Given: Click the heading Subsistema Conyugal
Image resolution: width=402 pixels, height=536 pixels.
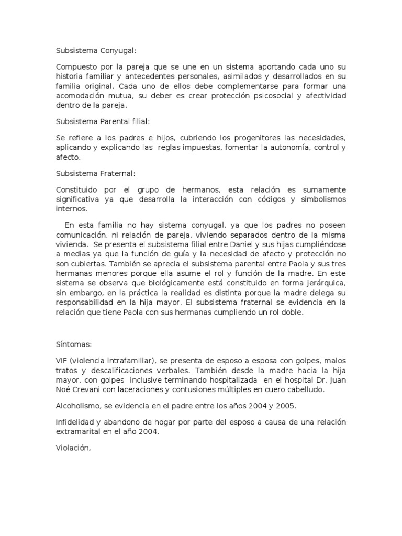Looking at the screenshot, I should [96, 51].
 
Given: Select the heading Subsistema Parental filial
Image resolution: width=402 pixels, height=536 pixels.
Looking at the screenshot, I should [103, 121].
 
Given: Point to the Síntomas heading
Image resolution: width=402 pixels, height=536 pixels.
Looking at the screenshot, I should [74, 345].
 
